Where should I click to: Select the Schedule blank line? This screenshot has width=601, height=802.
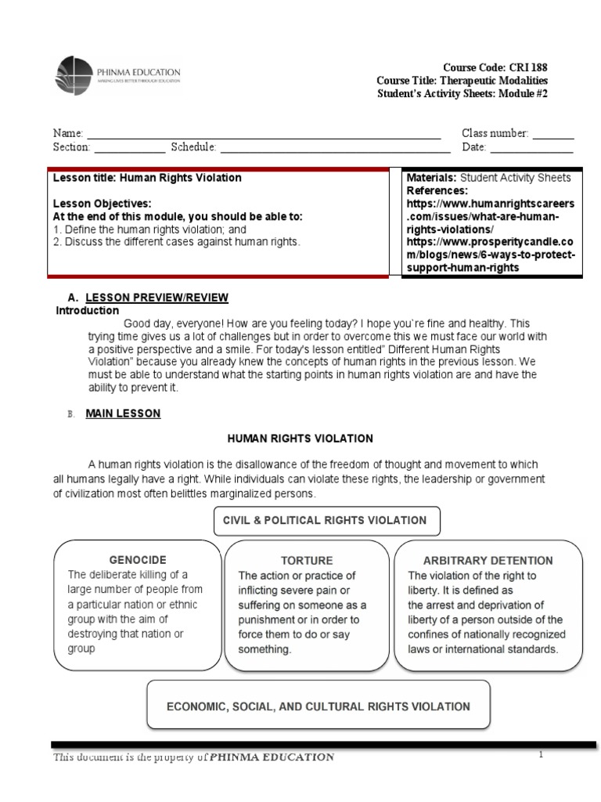(335, 148)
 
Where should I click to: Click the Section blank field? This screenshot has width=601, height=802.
(129, 148)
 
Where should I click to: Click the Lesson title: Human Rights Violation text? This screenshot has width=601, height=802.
(147, 178)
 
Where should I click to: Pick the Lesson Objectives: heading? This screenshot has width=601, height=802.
(102, 204)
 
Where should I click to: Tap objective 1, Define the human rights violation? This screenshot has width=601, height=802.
(149, 229)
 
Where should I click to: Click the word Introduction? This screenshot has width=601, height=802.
(88, 310)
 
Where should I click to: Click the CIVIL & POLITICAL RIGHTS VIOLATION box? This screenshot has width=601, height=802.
(326, 520)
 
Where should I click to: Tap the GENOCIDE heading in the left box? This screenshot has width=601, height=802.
(137, 561)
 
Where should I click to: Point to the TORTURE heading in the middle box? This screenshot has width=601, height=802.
(307, 561)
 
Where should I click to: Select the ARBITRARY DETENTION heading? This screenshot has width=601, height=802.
(488, 561)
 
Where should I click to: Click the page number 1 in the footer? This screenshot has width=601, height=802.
(540, 754)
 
